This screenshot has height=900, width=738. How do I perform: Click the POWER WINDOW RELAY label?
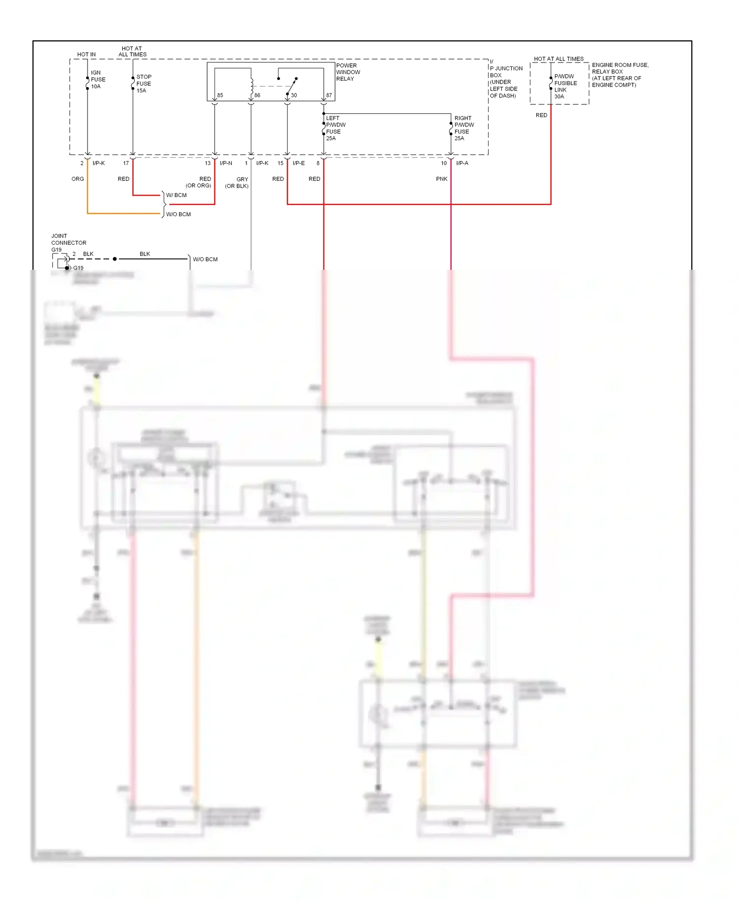tap(348, 72)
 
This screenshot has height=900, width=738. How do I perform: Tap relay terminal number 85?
tap(220, 96)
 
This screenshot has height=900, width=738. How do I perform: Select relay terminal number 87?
tap(329, 96)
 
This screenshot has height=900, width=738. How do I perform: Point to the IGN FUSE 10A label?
tap(98, 79)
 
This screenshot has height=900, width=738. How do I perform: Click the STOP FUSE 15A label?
tap(144, 84)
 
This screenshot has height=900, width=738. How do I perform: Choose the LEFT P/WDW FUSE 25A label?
tap(336, 129)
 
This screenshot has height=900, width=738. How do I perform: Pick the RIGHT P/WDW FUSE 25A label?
tap(464, 129)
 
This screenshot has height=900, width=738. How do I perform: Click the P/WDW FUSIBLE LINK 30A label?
tap(565, 87)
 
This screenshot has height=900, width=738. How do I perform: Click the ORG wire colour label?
tap(78, 179)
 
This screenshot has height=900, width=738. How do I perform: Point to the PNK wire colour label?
tap(441, 179)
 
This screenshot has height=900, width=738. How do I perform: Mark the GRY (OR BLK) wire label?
tap(237, 183)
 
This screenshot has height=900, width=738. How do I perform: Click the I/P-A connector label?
tap(462, 163)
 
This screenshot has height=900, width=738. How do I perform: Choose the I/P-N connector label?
tap(226, 163)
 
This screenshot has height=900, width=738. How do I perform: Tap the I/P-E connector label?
tap(299, 163)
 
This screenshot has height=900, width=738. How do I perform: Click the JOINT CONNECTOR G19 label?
tap(68, 243)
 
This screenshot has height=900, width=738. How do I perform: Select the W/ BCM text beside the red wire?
tap(176, 195)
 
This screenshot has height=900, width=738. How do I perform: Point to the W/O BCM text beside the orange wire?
tap(178, 214)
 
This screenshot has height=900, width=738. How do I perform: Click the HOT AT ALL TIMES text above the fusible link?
tap(558, 59)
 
